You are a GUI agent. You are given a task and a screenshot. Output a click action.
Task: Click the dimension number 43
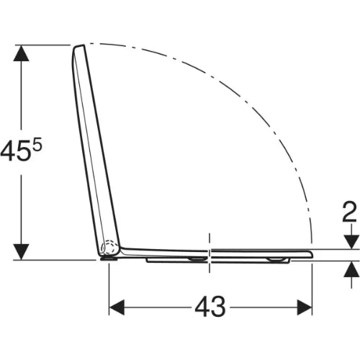[x=210, y=307]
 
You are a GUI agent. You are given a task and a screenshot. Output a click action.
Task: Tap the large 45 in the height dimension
[x=15, y=150]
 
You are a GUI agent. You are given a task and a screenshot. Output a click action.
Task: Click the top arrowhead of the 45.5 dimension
[x=22, y=53]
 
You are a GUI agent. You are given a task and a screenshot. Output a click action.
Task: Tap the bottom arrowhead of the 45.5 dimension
[x=22, y=252]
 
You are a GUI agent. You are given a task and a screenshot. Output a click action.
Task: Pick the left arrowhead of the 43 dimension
[x=117, y=307]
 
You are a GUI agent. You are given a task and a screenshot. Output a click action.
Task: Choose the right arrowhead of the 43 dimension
[x=305, y=307]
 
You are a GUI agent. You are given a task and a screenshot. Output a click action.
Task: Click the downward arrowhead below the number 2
[x=351, y=242]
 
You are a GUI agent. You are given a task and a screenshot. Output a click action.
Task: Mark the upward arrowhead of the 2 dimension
[x=351, y=269]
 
